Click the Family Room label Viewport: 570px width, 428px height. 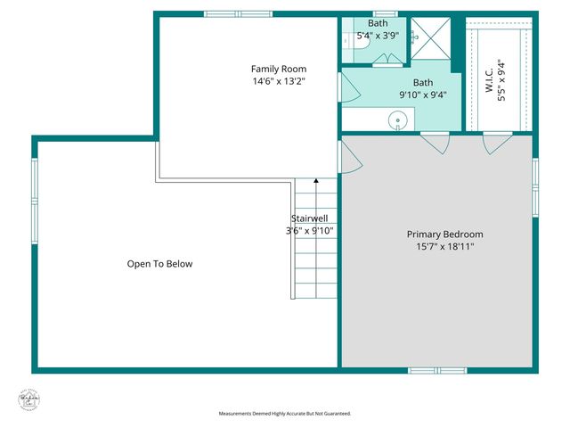pyautogui.click(x=278, y=69)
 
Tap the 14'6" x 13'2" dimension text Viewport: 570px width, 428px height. pyautogui.click(x=278, y=82)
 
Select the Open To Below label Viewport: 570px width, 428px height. pyautogui.click(x=159, y=264)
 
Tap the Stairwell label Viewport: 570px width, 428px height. pyautogui.click(x=308, y=218)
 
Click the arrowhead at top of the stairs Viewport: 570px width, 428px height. pyautogui.click(x=316, y=181)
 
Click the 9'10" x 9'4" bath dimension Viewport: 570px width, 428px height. pyautogui.click(x=422, y=95)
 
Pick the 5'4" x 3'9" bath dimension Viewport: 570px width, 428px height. pyautogui.click(x=378, y=37)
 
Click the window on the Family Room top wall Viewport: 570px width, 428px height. pyautogui.click(x=238, y=14)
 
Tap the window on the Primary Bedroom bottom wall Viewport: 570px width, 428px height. pyautogui.click(x=437, y=369)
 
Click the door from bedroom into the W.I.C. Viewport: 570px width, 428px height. pyautogui.click(x=495, y=143)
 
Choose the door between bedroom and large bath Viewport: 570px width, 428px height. pyautogui.click(x=434, y=143)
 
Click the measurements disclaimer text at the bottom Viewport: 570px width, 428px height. pyautogui.click(x=285, y=414)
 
